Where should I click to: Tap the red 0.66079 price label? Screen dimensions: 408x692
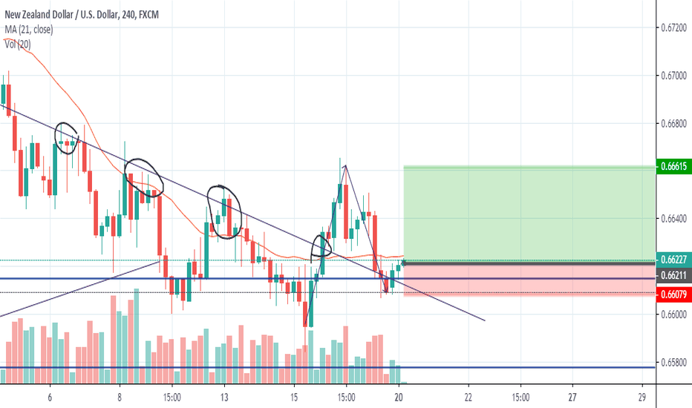pos(674,294)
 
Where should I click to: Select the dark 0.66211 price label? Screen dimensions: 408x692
pos(674,276)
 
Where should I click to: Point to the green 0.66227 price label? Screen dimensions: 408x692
pos(674,260)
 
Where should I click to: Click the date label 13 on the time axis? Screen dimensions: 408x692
pos(223,397)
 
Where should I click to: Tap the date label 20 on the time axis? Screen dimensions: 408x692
pos(399,397)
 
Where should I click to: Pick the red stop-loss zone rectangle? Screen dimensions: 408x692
pos(529,278)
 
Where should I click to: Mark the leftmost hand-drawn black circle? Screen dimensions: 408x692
pos(68,138)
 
